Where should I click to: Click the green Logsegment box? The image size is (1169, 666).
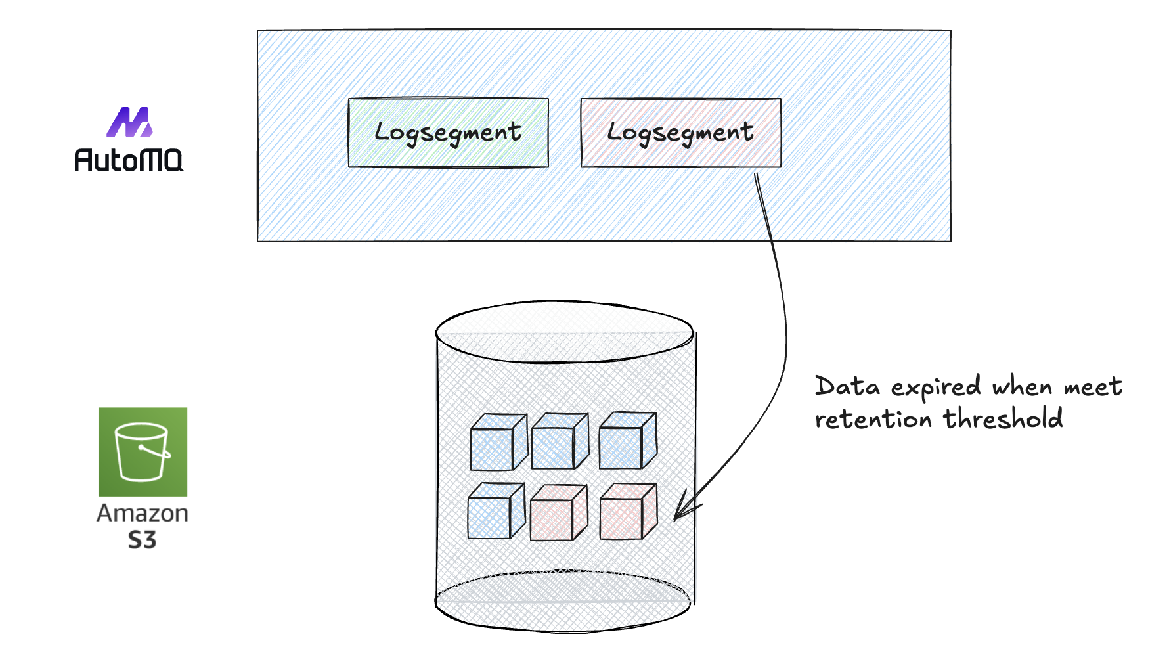click(448, 133)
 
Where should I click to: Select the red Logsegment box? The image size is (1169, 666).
click(680, 133)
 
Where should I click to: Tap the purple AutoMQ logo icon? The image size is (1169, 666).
click(130, 123)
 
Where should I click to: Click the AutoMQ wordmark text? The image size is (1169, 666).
click(129, 160)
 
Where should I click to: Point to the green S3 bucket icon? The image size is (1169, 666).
click(143, 451)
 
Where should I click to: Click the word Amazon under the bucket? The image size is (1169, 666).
click(143, 513)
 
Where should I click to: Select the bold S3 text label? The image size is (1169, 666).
click(143, 540)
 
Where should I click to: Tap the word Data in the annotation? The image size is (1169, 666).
click(847, 386)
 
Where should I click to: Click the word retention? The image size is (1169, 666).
click(873, 419)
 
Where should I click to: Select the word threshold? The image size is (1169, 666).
click(1003, 418)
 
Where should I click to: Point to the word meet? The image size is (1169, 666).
click(1093, 387)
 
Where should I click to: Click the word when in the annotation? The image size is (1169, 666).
click(1022, 387)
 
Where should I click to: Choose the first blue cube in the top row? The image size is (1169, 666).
click(498, 442)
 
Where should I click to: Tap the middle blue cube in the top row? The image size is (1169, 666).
click(560, 441)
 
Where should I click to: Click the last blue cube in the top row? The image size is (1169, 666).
click(627, 441)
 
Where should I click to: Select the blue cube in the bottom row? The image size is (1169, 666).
click(496, 512)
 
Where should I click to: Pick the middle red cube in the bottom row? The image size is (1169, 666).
click(558, 513)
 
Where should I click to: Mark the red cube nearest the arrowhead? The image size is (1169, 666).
click(628, 512)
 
